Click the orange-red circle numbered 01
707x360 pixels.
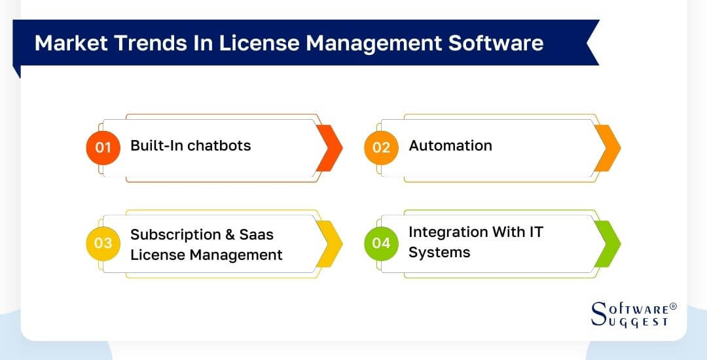coord(103,147)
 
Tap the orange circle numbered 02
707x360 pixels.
coord(381,147)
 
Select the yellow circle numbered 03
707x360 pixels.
coord(103,243)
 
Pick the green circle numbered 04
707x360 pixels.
coord(381,243)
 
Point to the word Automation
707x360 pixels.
coord(450,145)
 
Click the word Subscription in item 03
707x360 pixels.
coord(175,234)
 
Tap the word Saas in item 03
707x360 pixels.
coord(258,234)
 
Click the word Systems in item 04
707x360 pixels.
coord(439,253)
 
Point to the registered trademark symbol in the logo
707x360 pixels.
coord(674,306)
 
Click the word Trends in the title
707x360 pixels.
coord(137,43)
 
